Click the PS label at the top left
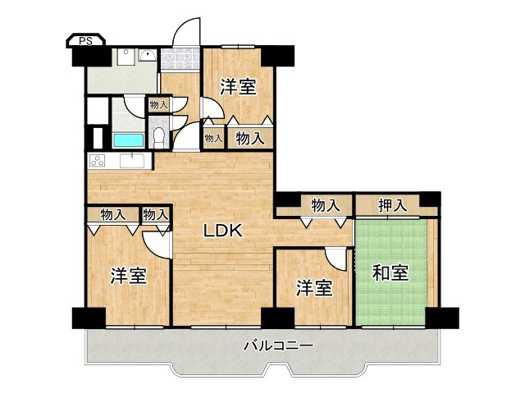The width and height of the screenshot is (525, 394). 84,40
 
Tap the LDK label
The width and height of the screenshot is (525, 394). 223,232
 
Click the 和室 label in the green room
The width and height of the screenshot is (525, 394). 390,273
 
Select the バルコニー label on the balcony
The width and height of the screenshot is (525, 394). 278,346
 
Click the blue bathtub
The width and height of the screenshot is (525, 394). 128,140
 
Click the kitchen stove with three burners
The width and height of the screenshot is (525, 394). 98,161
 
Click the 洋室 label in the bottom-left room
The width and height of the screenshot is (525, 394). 129,276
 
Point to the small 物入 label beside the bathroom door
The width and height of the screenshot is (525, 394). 157,104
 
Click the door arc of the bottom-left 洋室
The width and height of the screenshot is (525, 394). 157,243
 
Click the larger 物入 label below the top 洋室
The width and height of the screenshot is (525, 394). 249,139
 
